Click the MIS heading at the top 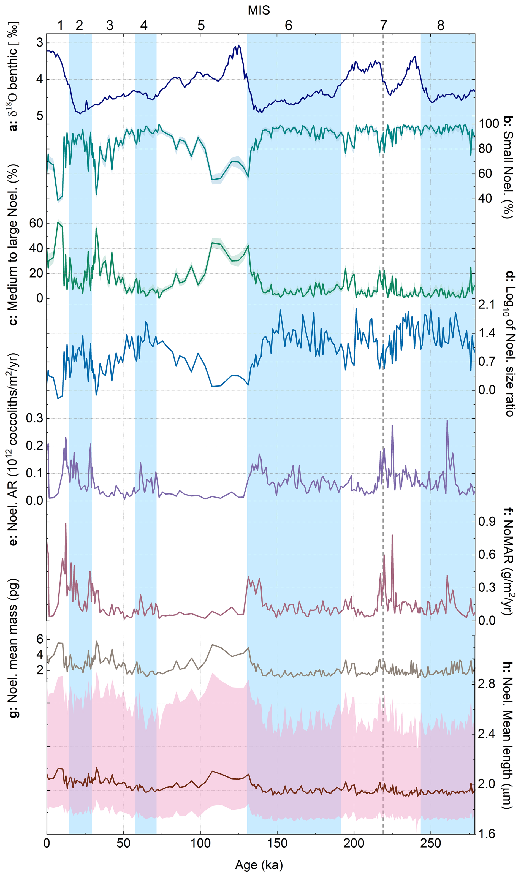tap(259, 10)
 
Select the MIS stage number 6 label tap(288, 26)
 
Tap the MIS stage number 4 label tap(143, 26)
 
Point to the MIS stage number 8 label tap(441, 26)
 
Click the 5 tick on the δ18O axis tap(40, 116)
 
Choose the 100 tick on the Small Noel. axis tap(489, 124)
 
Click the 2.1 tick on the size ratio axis tap(487, 304)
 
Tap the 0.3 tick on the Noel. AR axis tap(34, 418)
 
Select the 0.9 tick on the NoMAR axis tap(487, 522)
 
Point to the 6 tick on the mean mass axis tap(40, 639)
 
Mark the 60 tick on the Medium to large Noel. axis tap(36, 223)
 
